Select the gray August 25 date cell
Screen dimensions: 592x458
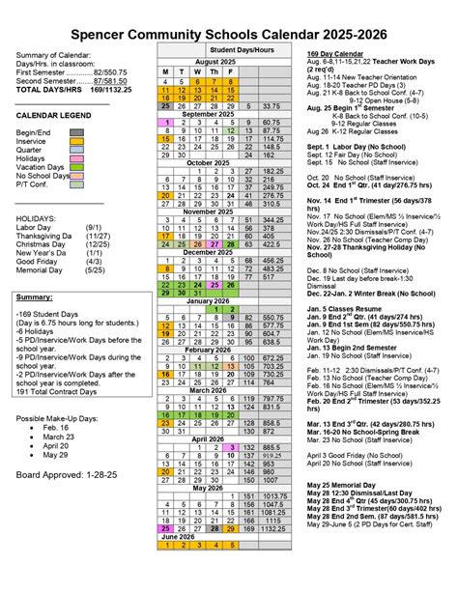[x=166, y=105]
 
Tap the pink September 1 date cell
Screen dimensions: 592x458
[x=166, y=123]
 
